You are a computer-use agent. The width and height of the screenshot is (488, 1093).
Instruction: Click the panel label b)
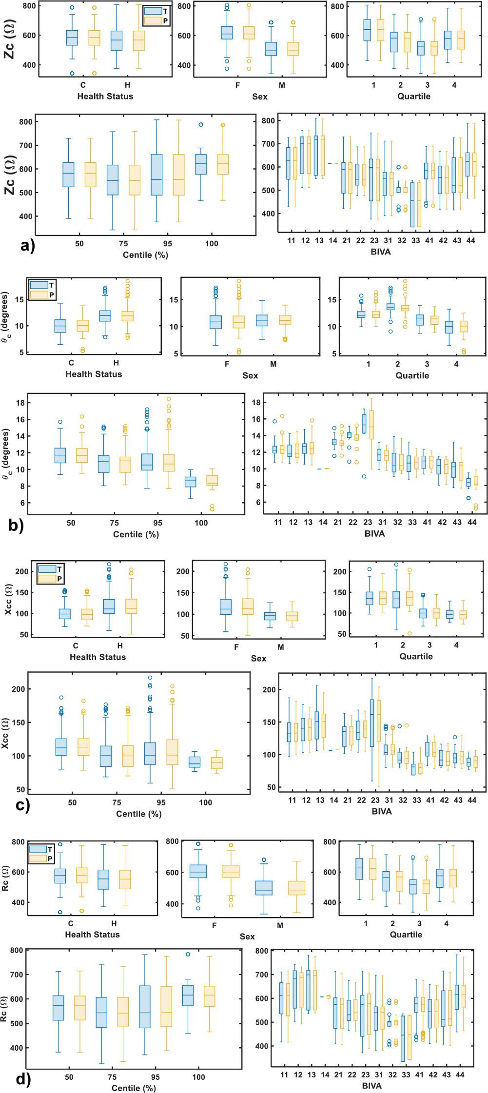click(x=16, y=527)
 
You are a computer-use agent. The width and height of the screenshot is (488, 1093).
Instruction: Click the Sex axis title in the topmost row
click(x=260, y=97)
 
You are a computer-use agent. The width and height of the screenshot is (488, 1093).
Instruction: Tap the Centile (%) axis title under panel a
click(x=137, y=254)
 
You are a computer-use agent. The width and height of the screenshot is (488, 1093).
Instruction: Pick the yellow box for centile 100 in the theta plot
click(x=213, y=480)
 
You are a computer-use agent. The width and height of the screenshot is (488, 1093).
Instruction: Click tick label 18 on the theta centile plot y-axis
click(x=19, y=403)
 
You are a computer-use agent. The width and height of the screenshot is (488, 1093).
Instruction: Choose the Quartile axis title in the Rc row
click(x=406, y=935)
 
